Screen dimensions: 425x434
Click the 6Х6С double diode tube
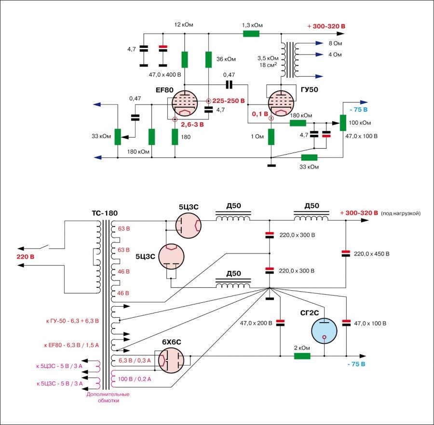tap(172, 360)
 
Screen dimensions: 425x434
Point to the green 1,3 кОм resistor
tap(251, 34)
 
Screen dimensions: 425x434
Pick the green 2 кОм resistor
tap(302, 356)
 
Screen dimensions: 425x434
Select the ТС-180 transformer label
tap(105, 213)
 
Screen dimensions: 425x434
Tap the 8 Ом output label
tap(335, 43)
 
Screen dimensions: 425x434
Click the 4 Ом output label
tap(335, 55)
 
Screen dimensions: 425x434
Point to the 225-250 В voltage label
tap(229, 101)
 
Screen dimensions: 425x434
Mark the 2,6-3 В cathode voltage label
tap(192, 124)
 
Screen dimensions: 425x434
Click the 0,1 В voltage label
tap(259, 114)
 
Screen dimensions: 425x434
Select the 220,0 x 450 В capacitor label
tap(372, 254)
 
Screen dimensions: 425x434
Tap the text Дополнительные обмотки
tap(108, 397)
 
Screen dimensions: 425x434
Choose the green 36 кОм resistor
tap(208, 59)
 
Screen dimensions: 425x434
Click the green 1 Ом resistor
tap(271, 137)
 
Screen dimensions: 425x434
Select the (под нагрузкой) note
tap(401, 213)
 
